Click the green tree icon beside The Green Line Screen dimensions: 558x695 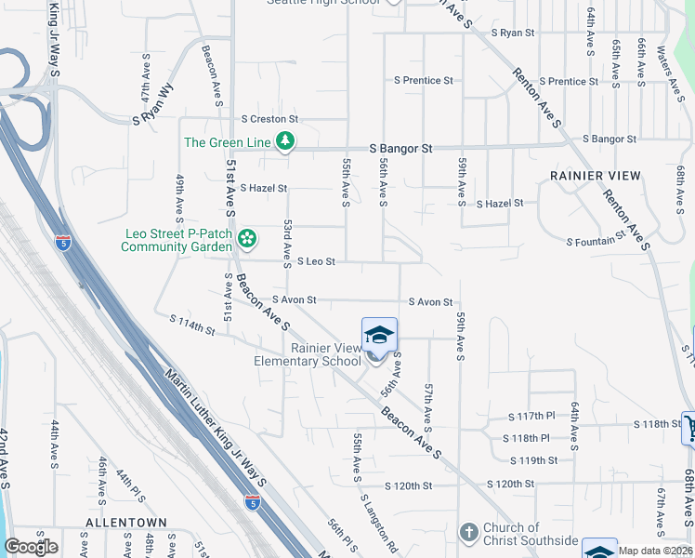click(x=285, y=142)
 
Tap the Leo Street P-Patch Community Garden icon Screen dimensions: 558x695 click(x=246, y=239)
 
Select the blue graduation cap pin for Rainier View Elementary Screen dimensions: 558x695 click(x=379, y=335)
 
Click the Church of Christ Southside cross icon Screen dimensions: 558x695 click(x=469, y=533)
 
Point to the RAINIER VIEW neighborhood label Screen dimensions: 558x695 click(x=595, y=176)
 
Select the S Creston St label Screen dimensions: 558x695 click(x=269, y=119)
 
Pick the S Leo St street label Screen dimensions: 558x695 click(x=315, y=262)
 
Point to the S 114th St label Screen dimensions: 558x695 click(x=192, y=325)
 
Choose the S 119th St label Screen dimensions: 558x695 click(x=534, y=460)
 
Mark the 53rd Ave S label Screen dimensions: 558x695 click(x=288, y=241)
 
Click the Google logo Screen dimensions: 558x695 click(x=31, y=546)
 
